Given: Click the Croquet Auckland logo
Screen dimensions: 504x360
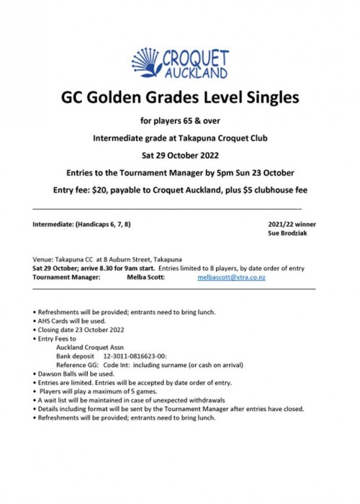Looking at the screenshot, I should pos(179,61).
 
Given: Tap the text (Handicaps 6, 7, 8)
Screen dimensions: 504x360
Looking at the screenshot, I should pos(105,225).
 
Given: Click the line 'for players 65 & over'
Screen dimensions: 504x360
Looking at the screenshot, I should pos(179,118).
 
